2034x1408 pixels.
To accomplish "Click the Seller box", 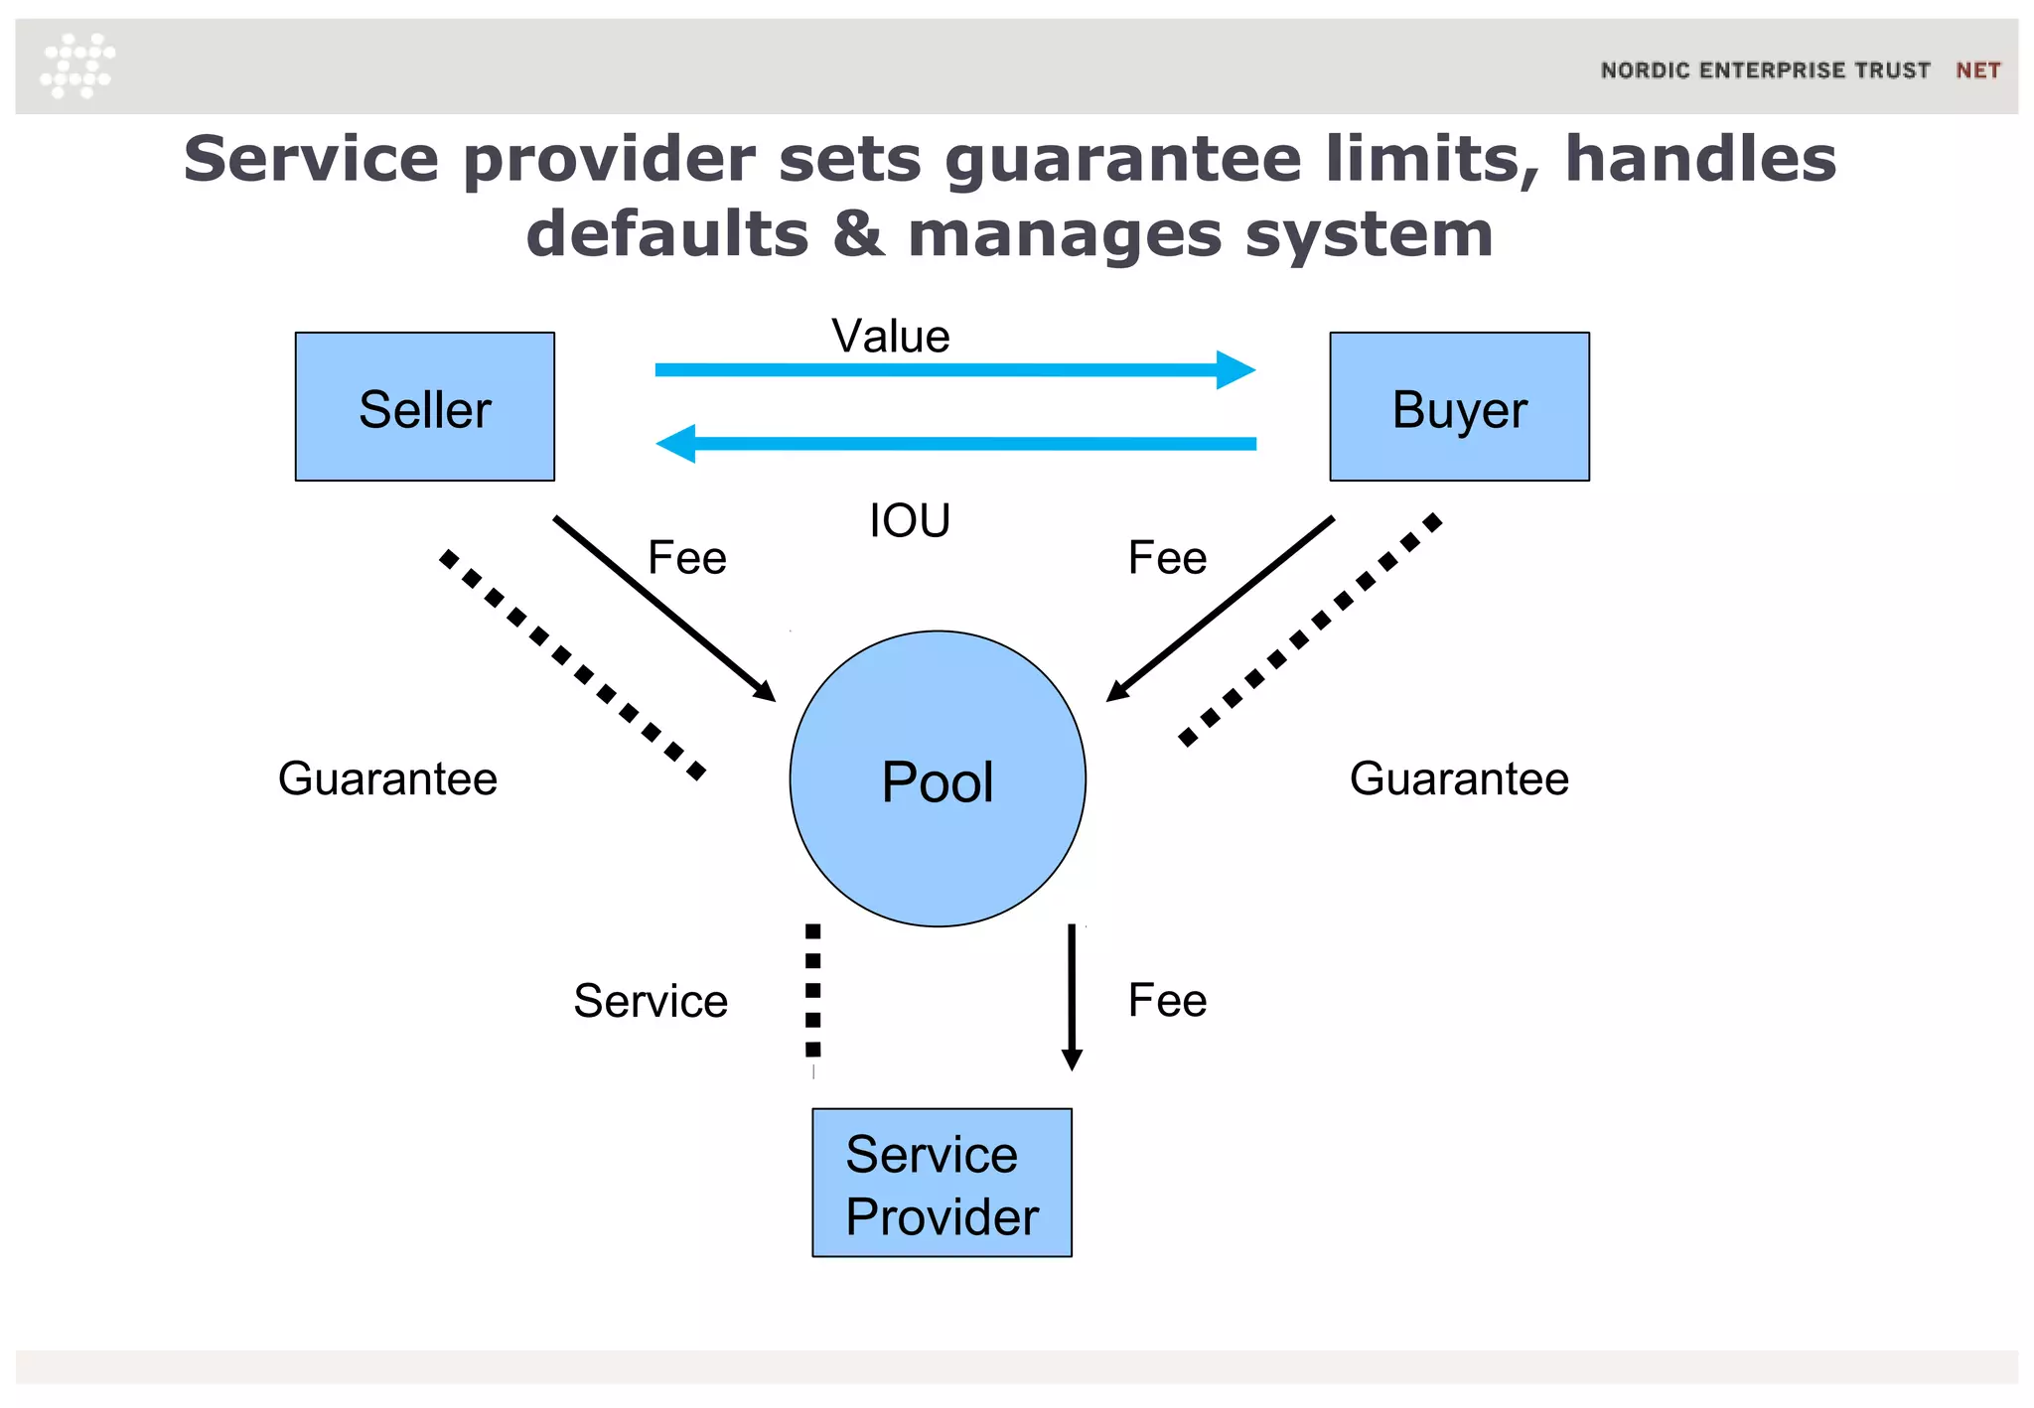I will click(424, 406).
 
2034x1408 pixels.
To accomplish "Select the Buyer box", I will click(1459, 406).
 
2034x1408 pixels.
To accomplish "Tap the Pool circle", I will click(938, 779).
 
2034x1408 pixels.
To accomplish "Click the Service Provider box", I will click(942, 1183).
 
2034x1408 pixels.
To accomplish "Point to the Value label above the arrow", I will click(890, 336).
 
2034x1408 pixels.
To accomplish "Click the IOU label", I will click(909, 520).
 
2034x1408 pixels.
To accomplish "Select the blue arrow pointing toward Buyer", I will click(953, 369).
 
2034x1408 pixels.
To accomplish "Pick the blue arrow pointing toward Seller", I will click(953, 444).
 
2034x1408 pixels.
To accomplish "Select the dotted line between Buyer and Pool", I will click(1309, 630).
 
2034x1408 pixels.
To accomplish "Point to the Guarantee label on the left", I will click(387, 778).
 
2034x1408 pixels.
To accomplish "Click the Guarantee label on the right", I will click(1459, 778).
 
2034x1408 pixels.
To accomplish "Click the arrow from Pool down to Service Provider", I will click(1072, 996).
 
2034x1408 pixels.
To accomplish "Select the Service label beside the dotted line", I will click(651, 1001).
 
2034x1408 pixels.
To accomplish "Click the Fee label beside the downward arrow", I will click(1167, 1000).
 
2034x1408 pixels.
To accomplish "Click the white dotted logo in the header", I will click(77, 66).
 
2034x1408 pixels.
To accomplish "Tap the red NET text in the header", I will click(1977, 70).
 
